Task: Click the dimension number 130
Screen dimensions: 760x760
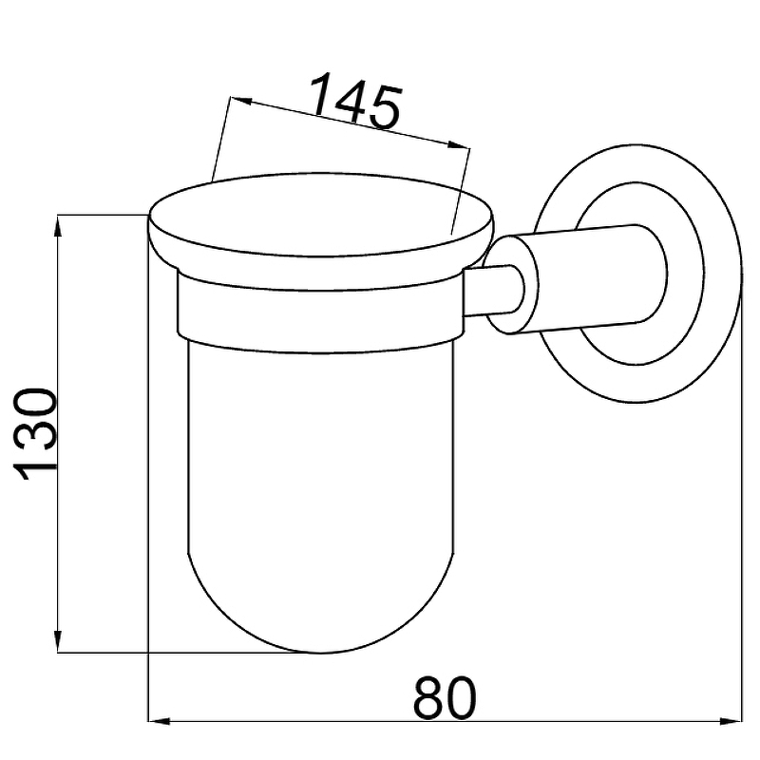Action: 34,434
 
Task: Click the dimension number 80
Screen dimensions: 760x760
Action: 445,698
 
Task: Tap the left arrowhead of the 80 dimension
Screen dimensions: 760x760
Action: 159,722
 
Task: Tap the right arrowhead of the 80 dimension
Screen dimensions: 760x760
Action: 731,722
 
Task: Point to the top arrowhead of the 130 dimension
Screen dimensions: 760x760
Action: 58,226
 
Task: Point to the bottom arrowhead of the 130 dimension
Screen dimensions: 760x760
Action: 58,640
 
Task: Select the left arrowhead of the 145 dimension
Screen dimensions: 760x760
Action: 241,101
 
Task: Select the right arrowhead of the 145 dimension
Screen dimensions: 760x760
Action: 458,145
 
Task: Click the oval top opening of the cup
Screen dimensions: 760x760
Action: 321,215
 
